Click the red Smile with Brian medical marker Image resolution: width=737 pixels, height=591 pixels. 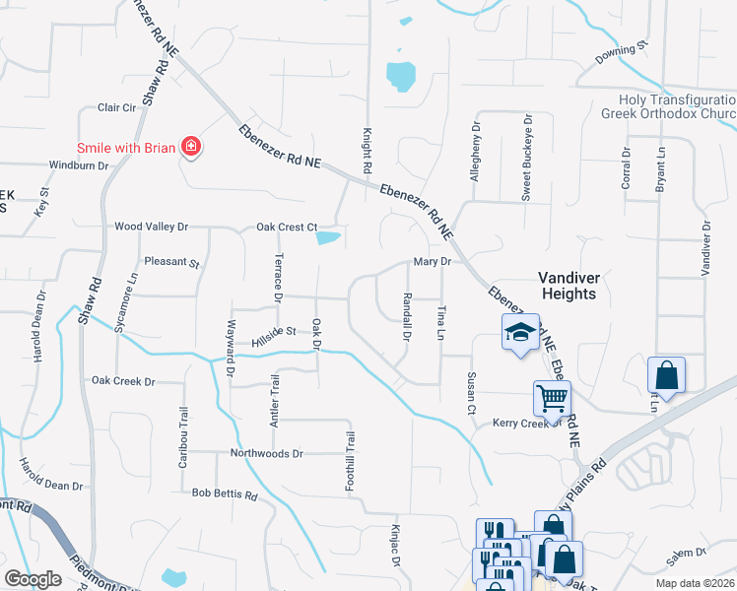pyautogui.click(x=191, y=149)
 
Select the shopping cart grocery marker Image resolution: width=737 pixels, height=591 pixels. pyautogui.click(x=552, y=398)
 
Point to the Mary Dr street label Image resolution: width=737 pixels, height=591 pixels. pyautogui.click(x=432, y=262)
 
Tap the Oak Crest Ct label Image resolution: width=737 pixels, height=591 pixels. pyautogui.click(x=287, y=227)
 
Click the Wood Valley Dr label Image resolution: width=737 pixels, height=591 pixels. pyautogui.click(x=151, y=227)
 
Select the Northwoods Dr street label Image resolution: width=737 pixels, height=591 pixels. pyautogui.click(x=266, y=454)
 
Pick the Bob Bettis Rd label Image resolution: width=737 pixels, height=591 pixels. pyautogui.click(x=225, y=492)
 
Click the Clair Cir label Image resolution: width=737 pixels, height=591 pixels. pyautogui.click(x=115, y=107)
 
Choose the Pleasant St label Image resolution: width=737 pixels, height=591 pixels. pyautogui.click(x=171, y=264)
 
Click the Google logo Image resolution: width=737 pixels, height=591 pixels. pyautogui.click(x=33, y=579)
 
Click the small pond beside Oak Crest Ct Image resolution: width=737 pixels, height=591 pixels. pyautogui.click(x=328, y=237)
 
